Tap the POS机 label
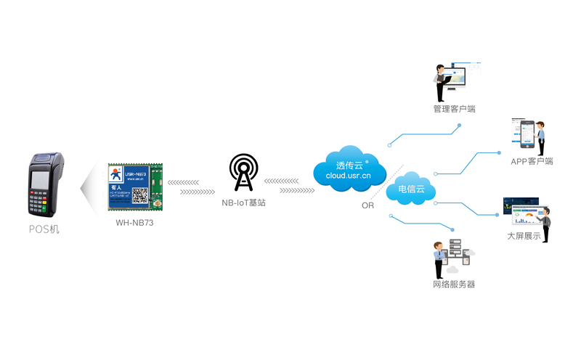45,229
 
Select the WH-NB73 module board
135,187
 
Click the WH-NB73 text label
135,223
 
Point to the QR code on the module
139,195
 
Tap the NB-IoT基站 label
243,203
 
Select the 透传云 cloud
348,168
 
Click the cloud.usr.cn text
348,176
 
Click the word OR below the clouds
367,205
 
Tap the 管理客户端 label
454,110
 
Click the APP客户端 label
532,161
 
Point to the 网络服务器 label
454,285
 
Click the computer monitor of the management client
457,76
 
